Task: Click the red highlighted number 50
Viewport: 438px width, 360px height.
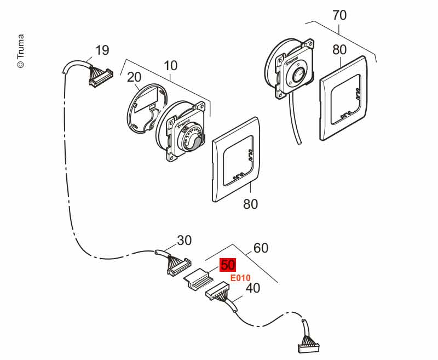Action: (x=228, y=265)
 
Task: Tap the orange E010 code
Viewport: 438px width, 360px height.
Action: (x=240, y=278)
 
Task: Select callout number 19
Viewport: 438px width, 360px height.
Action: (x=102, y=50)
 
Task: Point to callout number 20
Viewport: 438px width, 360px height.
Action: (x=134, y=77)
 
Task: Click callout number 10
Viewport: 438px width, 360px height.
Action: (x=170, y=66)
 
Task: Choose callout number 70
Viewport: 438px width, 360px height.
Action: (x=339, y=15)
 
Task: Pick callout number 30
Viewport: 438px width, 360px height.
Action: (x=185, y=240)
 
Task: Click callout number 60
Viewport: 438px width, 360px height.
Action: (x=261, y=248)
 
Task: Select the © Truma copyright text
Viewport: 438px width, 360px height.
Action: (x=20, y=52)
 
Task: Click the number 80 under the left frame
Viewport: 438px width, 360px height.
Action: (x=250, y=204)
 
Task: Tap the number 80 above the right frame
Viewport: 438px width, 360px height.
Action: (x=339, y=49)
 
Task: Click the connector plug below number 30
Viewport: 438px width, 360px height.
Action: (x=178, y=267)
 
